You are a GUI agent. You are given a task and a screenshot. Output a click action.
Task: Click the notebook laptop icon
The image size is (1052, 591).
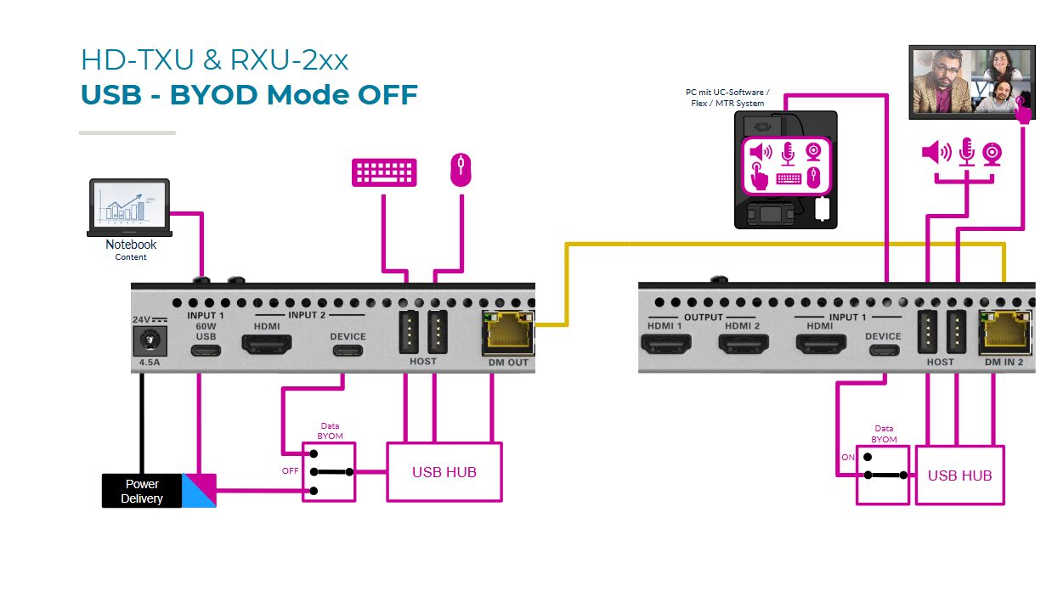(129, 207)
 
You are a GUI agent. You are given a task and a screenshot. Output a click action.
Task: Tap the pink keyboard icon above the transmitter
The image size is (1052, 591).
(384, 172)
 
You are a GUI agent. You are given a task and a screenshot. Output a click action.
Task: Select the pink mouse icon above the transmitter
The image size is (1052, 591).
(460, 169)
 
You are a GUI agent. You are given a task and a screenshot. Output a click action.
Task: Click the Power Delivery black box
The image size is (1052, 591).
(142, 491)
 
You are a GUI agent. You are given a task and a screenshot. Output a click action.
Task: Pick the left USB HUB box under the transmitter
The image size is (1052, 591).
(444, 471)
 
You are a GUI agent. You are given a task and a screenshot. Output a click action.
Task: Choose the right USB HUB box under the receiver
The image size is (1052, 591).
(959, 476)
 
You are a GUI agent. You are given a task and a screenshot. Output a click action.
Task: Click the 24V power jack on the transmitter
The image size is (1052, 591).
(150, 343)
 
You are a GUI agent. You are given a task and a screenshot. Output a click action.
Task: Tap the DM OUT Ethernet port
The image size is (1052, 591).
(508, 333)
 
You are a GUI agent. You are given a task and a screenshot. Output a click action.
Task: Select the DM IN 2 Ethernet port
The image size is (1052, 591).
(1005, 333)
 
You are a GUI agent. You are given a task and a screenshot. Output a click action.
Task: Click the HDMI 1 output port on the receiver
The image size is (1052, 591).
(665, 343)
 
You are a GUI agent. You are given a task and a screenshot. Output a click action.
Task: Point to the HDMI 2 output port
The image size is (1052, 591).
(744, 343)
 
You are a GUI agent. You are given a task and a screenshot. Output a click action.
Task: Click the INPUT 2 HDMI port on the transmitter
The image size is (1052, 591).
(267, 344)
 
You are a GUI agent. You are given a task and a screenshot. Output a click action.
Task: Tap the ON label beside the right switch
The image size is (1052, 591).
(847, 457)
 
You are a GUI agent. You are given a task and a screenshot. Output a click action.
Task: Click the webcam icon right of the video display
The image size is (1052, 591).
(992, 153)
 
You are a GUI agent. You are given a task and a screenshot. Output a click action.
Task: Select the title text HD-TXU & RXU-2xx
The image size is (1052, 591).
(214, 59)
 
